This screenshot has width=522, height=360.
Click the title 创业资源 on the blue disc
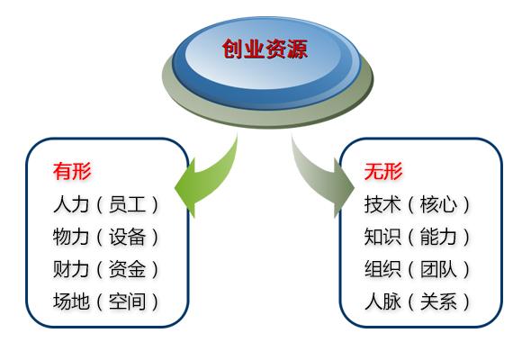265,49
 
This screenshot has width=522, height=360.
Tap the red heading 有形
72,171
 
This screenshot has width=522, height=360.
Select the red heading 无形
383,171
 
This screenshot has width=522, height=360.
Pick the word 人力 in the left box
71,204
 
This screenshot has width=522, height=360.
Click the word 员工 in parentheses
127,204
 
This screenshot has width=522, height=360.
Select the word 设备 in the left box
127,237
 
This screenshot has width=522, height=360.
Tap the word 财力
71,269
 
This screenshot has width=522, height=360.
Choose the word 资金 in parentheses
127,269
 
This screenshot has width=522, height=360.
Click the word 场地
71,301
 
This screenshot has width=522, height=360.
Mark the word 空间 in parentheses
127,301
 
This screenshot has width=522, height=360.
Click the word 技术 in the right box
382,204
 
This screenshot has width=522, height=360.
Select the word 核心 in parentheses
438,204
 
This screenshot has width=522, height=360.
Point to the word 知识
382,237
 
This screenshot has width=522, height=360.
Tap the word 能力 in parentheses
438,237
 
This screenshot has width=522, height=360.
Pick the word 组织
382,269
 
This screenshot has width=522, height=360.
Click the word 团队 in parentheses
438,269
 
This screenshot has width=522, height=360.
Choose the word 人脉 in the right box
382,301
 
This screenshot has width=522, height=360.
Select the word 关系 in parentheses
438,301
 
